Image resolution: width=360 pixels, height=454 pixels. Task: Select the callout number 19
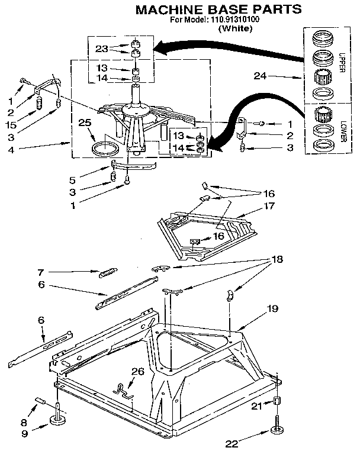272,308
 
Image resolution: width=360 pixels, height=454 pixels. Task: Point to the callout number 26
137,372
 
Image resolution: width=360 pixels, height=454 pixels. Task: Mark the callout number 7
40,272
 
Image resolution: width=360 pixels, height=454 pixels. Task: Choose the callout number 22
233,442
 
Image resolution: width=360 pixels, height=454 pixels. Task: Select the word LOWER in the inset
342,130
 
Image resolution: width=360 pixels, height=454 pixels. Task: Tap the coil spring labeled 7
107,272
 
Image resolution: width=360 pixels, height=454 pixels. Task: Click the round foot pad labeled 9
58,421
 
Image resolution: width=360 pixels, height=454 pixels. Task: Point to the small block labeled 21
277,403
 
